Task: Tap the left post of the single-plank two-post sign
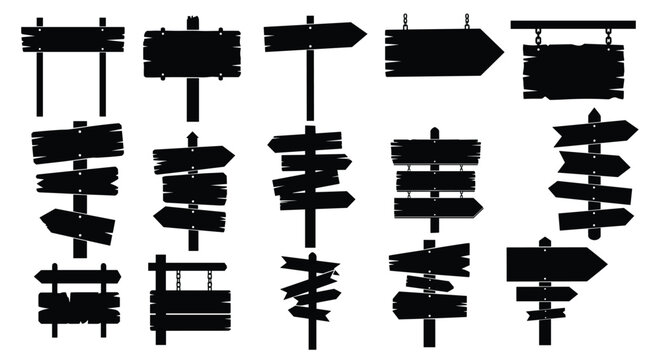[40, 84]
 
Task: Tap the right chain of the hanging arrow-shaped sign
[466, 21]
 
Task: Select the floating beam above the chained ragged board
[572, 23]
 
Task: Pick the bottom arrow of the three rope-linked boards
[437, 208]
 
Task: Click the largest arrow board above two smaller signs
[554, 262]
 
